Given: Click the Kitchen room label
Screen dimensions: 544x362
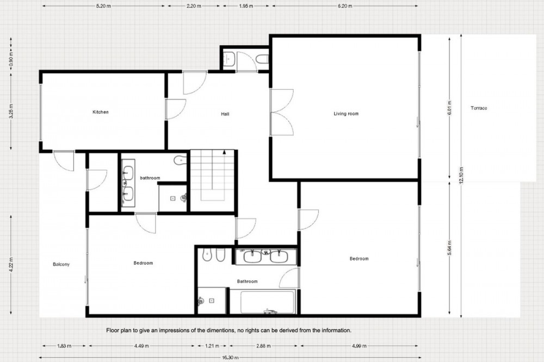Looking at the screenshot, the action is (x=101, y=112).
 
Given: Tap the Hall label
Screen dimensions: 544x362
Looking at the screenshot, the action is (x=225, y=114).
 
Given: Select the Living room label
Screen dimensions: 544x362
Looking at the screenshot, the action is (x=346, y=114).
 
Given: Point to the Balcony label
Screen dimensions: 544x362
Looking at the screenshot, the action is (x=61, y=264).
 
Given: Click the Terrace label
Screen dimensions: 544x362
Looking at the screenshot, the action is (x=479, y=108).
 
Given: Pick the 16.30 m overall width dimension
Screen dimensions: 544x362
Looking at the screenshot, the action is (x=230, y=358).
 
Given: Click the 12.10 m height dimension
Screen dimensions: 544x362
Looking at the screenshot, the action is (x=461, y=175).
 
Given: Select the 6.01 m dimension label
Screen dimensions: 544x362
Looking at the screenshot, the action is (x=449, y=108).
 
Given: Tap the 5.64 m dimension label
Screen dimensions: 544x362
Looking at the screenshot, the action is (x=449, y=248).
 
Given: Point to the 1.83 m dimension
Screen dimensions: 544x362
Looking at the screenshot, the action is (x=64, y=346).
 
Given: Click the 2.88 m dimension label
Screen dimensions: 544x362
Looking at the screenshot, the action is (x=263, y=346).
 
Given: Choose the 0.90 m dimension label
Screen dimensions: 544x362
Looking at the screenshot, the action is (x=11, y=59).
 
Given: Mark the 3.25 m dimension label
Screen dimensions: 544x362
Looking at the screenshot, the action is (x=11, y=111).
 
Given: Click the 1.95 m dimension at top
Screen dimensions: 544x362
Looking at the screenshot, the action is (x=246, y=6).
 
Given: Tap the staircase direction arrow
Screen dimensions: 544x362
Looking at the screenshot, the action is (x=225, y=152).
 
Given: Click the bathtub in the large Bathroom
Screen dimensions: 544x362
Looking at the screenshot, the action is (x=263, y=302).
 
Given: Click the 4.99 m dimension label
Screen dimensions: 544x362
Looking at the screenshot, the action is (x=359, y=346).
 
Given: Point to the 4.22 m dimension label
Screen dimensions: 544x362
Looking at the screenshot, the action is (x=11, y=265).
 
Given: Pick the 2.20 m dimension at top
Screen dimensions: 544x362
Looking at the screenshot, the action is (x=194, y=6).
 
